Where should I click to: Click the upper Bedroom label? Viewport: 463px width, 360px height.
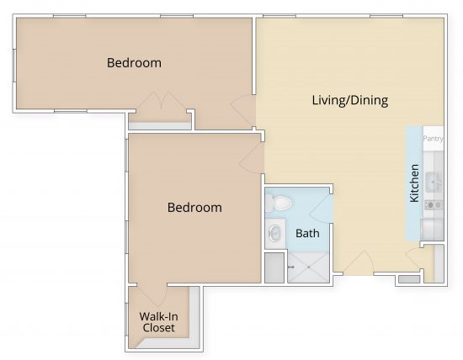[x=134, y=63]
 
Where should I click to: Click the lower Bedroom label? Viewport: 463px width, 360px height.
[x=194, y=207]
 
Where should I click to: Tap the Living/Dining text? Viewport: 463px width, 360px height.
[x=349, y=101]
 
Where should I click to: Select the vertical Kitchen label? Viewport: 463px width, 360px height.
[x=414, y=183]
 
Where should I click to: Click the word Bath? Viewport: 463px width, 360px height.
[x=306, y=233]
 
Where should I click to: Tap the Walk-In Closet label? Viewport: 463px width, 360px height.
[x=158, y=322]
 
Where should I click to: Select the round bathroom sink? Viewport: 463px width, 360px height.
[x=274, y=233]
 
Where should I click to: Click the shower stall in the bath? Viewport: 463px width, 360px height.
[x=308, y=267]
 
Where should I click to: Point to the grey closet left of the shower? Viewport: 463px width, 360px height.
[x=274, y=267]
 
